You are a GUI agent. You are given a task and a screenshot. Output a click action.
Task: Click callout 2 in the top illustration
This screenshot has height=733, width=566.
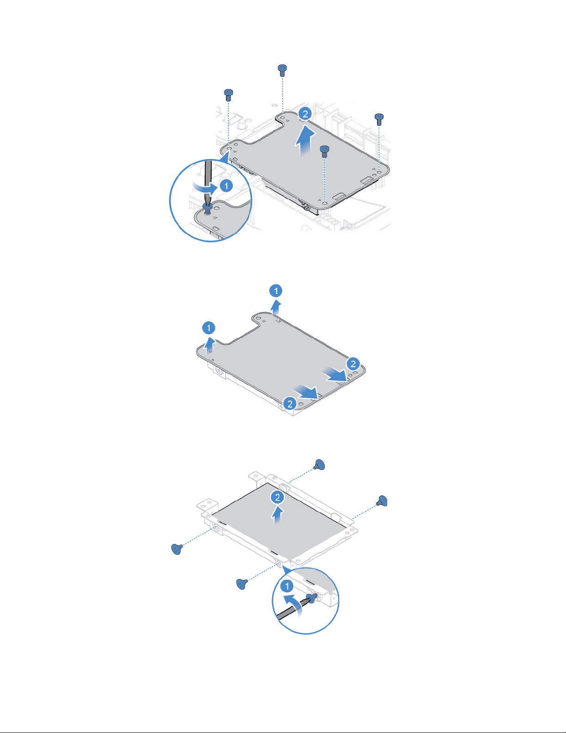tap(305, 114)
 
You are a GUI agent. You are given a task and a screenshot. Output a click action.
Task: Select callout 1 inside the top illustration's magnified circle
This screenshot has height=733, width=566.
tap(226, 186)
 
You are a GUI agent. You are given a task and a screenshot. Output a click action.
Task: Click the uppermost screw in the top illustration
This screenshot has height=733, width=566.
tap(282, 70)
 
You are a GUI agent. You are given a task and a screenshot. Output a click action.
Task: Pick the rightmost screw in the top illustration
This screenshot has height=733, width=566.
tap(379, 119)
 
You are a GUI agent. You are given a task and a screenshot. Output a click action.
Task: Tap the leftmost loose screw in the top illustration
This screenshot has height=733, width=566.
tap(229, 95)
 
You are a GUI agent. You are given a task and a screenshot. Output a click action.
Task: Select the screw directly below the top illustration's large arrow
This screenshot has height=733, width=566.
tap(324, 152)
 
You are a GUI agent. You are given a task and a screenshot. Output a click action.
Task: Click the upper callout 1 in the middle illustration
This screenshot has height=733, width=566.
tap(276, 291)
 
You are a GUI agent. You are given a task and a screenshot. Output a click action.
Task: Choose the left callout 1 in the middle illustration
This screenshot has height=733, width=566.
tap(209, 328)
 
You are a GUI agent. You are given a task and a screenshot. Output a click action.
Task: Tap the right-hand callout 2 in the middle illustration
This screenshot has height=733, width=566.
tap(353, 364)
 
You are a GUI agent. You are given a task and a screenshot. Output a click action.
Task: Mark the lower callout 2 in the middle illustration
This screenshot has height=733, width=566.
tap(290, 404)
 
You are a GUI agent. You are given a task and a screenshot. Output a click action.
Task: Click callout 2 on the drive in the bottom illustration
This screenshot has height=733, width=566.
tap(278, 497)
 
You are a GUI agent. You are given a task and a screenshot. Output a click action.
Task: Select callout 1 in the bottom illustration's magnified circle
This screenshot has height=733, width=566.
tap(287, 586)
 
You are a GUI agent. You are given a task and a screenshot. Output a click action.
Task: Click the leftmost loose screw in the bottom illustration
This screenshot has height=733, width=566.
tap(176, 549)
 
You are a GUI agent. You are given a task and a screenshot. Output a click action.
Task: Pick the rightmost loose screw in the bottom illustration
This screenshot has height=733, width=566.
tap(383, 501)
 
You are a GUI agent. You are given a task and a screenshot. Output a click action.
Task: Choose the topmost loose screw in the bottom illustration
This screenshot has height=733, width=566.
tap(319, 465)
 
